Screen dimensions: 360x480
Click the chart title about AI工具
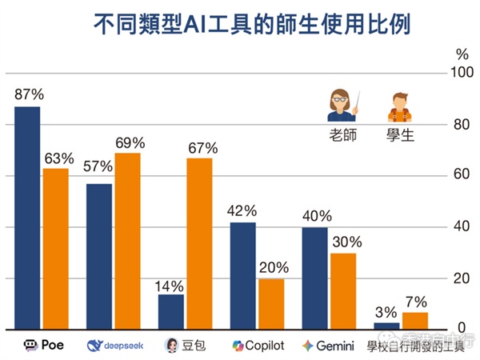pyautogui.click(x=240, y=24)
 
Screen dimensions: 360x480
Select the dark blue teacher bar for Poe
pyautogui.click(x=27, y=218)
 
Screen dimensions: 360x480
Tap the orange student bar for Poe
pyautogui.click(x=55, y=249)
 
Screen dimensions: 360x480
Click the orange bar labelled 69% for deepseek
pyautogui.click(x=127, y=241)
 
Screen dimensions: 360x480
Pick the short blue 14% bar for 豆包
pyautogui.click(x=170, y=312)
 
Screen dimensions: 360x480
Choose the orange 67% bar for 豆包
pyautogui.click(x=199, y=244)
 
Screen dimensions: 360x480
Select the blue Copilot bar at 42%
pyautogui.click(x=242, y=276)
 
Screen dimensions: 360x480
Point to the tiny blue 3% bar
pyautogui.click(x=386, y=326)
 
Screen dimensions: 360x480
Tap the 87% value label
pyautogui.click(x=28, y=94)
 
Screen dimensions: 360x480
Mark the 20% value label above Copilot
pyautogui.click(x=271, y=266)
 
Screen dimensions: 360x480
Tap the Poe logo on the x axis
pyautogui.click(x=30, y=346)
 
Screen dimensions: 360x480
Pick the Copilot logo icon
pyautogui.click(x=237, y=346)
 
